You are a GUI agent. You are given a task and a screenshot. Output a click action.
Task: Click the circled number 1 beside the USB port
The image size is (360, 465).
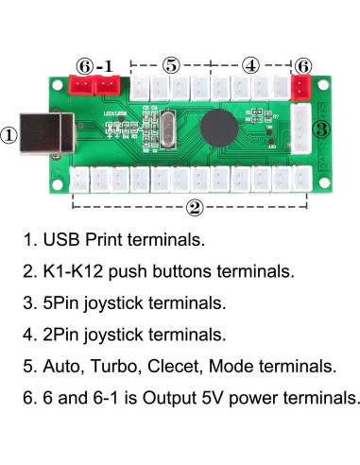point(9,134)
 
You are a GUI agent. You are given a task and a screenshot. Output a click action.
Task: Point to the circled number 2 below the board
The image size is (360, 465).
point(194,206)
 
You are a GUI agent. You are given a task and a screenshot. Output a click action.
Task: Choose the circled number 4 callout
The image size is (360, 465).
point(250,65)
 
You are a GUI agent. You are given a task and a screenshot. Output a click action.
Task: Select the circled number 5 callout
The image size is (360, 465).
point(171,65)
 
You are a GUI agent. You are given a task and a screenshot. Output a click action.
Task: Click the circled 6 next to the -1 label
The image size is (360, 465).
point(85,65)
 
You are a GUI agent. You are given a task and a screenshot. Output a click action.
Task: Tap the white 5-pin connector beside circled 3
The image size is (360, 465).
point(300,126)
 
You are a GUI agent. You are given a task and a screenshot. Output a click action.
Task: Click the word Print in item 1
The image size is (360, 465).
point(108,240)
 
